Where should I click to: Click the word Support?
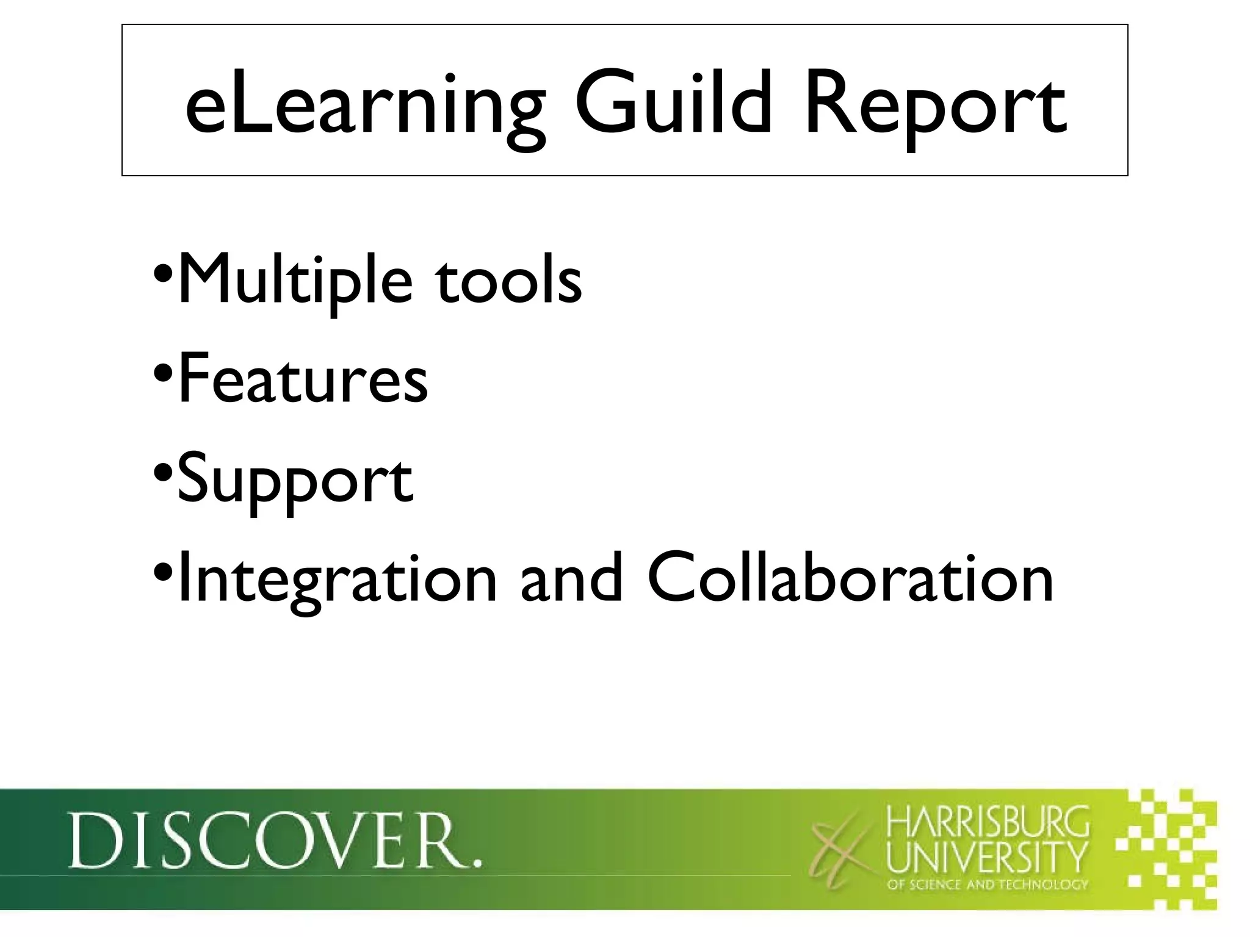[x=295, y=482]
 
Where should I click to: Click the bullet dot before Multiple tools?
[x=162, y=271]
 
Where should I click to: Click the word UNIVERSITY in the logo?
[x=987, y=858]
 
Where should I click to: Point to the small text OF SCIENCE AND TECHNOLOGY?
[x=987, y=885]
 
